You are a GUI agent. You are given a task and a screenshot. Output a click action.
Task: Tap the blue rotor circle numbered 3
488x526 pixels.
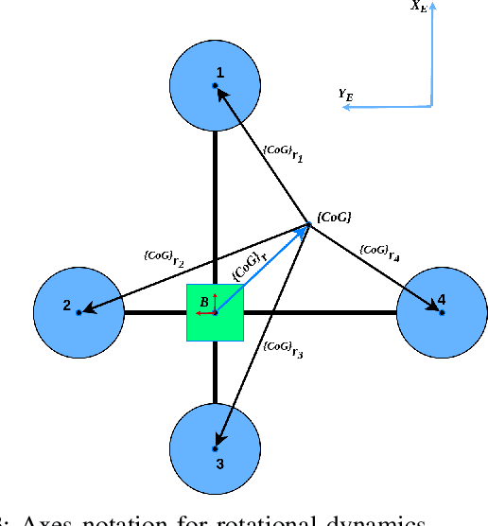click(x=216, y=447)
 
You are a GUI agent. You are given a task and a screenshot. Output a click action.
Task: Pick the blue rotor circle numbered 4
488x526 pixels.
click(x=441, y=312)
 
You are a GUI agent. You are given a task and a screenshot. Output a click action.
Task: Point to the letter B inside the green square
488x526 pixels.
click(x=203, y=302)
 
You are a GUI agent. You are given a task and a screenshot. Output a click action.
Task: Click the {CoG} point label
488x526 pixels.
click(x=334, y=218)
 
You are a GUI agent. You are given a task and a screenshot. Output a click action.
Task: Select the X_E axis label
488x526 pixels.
click(x=417, y=6)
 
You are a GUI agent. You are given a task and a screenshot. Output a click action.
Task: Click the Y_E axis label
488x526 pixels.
click(x=346, y=93)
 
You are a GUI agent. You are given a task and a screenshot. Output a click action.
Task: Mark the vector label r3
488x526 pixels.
click(x=284, y=349)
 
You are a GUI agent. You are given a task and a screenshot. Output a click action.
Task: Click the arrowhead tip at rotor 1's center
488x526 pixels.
click(x=218, y=90)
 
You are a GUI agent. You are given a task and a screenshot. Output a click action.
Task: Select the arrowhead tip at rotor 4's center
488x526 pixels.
click(x=437, y=307)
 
